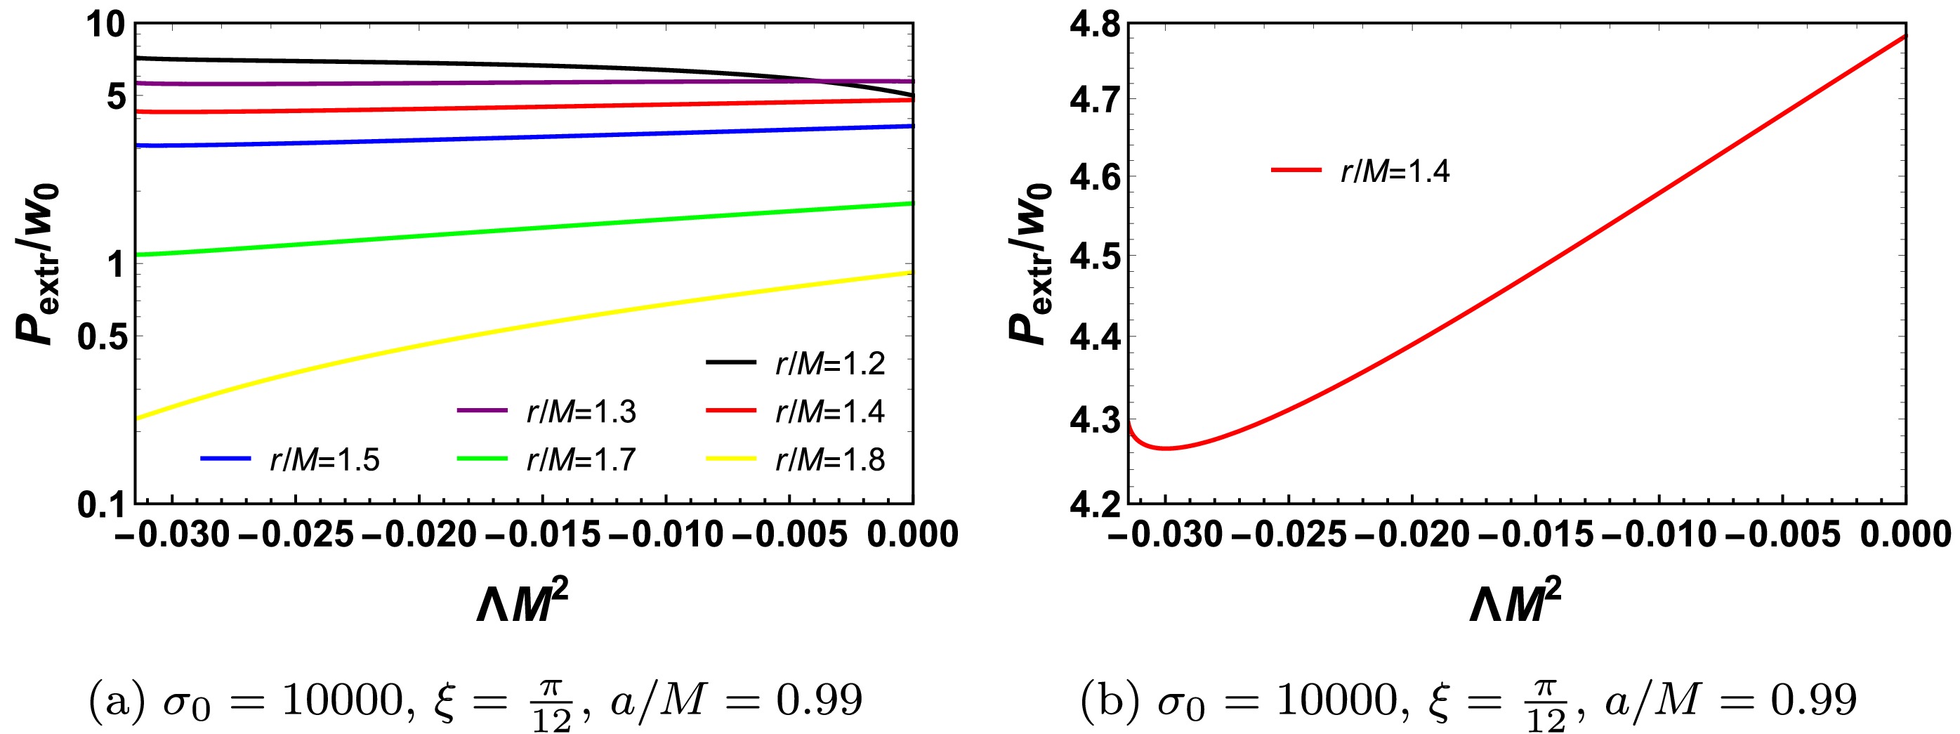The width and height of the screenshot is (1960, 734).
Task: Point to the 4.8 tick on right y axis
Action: pyautogui.click(x=1094, y=26)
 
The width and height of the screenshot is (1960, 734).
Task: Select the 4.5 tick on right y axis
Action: pyautogui.click(x=1094, y=256)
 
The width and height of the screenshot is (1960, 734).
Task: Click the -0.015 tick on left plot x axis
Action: pyautogui.click(x=543, y=535)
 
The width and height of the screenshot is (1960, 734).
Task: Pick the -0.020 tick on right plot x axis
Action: pyautogui.click(x=1412, y=535)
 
